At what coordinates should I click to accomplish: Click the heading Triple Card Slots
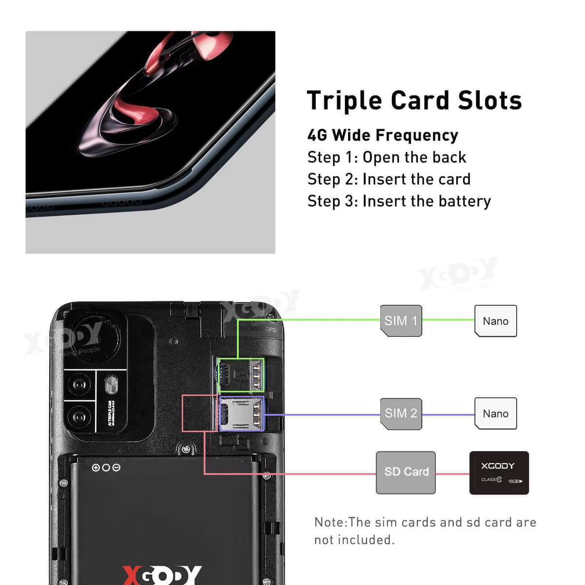(x=414, y=100)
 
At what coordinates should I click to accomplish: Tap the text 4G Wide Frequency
(x=383, y=135)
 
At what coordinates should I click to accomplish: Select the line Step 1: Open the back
(x=387, y=157)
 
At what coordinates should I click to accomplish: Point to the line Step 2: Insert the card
(x=389, y=179)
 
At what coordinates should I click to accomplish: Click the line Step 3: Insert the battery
(x=399, y=201)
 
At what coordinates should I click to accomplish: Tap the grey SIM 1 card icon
(x=401, y=321)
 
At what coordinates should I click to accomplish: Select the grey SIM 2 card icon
(x=401, y=413)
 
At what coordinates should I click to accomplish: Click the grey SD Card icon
(x=406, y=472)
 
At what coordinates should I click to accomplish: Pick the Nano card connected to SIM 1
(x=495, y=321)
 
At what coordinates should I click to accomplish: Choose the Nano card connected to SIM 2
(x=495, y=413)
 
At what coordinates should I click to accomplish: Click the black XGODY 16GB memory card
(x=499, y=472)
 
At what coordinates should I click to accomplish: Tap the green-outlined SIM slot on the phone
(x=241, y=375)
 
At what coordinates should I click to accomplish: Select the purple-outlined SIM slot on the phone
(x=241, y=413)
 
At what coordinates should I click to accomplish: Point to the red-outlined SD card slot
(x=199, y=413)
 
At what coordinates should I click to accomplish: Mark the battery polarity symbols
(x=106, y=468)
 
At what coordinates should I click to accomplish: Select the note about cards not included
(x=425, y=531)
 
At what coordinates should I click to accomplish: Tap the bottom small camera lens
(x=79, y=417)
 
